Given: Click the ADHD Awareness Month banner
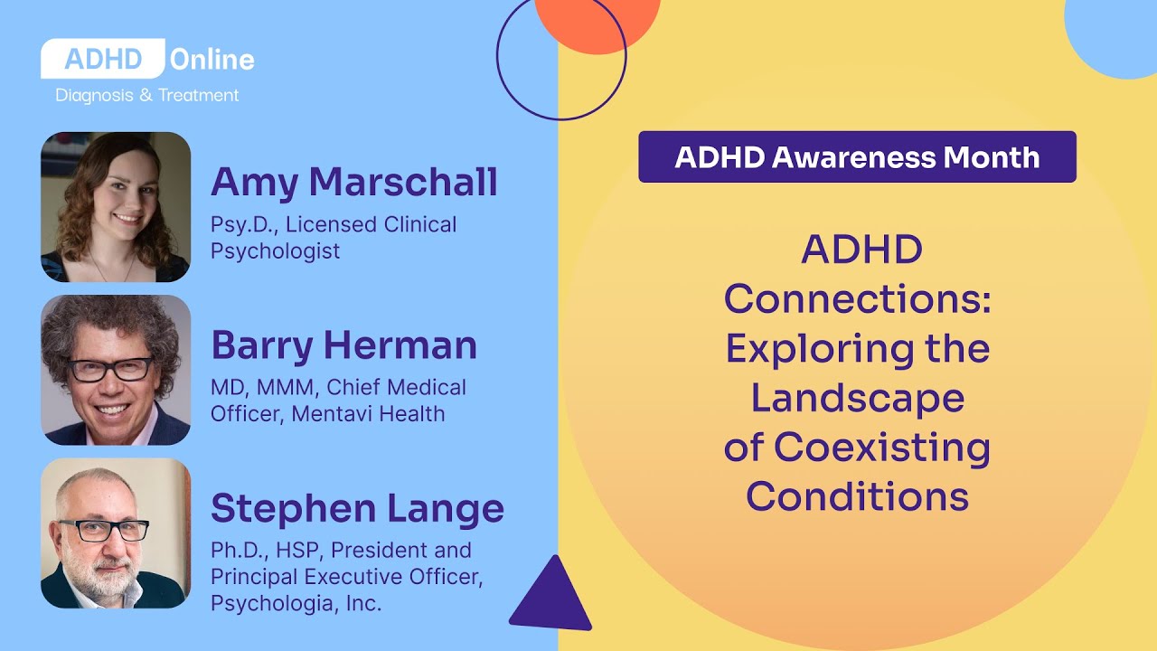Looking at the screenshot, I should click(857, 157).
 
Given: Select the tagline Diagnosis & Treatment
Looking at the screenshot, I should click(147, 95).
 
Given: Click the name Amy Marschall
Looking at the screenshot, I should click(354, 182).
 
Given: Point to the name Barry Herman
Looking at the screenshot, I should click(344, 345).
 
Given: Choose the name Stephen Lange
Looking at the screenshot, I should click(357, 508).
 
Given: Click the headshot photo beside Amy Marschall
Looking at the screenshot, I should click(116, 207).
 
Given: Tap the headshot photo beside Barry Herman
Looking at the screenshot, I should click(116, 370).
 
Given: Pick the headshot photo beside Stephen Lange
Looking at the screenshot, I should click(116, 533).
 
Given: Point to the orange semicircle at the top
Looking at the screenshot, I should click(597, 23).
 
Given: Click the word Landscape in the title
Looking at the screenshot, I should click(857, 398).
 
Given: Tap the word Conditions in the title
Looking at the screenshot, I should click(857, 496).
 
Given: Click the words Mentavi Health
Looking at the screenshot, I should click(367, 414).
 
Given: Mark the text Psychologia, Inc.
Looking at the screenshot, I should click(296, 603).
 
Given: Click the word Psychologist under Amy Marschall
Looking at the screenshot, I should click(276, 251).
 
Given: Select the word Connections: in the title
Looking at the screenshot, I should click(857, 299).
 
